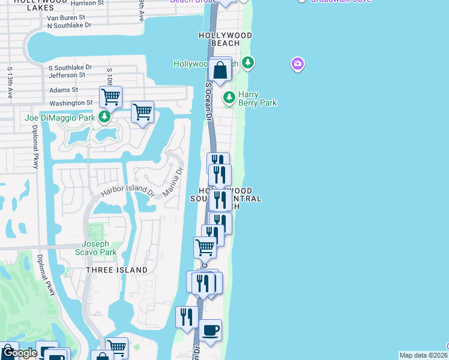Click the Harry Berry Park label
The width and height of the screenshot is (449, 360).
tap(258, 98)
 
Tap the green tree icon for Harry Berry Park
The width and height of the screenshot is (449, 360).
tap(229, 97)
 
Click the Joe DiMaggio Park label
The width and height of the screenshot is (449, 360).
tap(60, 118)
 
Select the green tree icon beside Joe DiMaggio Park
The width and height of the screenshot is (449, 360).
tap(105, 116)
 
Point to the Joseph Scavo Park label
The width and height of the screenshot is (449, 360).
tap(95, 248)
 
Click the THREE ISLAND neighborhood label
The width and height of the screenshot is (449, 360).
tap(116, 270)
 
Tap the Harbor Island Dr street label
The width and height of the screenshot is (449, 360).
tap(127, 191)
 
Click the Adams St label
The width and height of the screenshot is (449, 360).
tap(64, 90)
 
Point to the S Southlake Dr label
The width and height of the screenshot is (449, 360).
tap(70, 67)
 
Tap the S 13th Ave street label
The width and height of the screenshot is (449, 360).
tap(10, 82)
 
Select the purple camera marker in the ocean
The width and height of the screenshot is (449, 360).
tap(297, 64)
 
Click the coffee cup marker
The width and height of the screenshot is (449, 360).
tap(211, 331)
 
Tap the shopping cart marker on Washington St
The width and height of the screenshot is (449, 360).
tap(110, 96)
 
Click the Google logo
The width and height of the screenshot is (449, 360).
tap(20, 353)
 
